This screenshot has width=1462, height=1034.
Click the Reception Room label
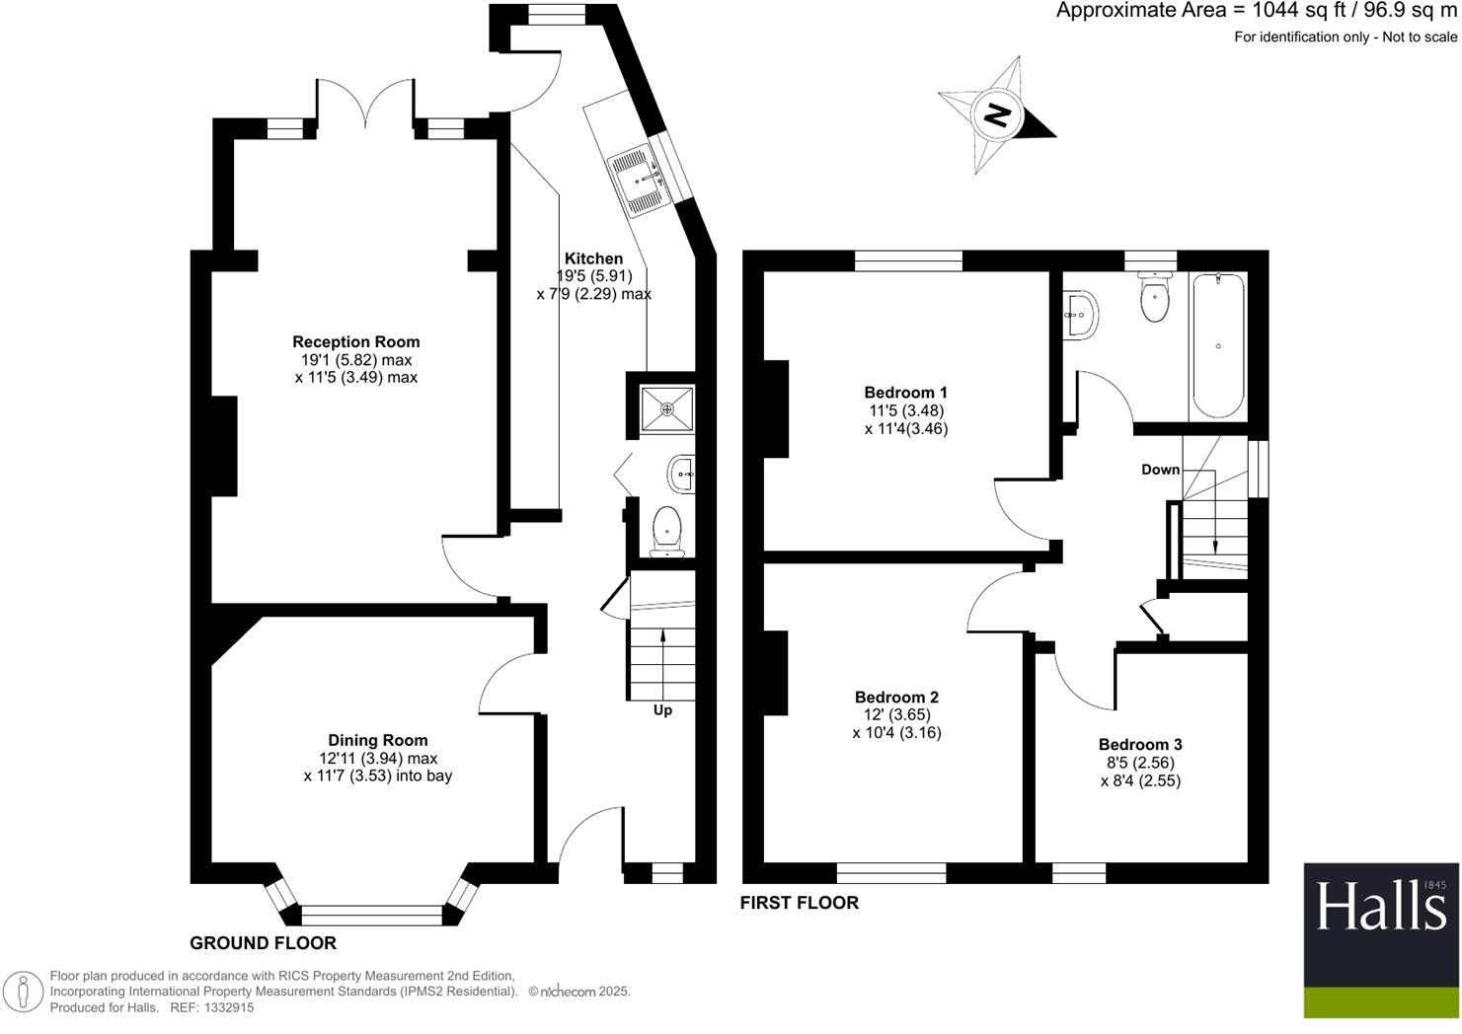[355, 342]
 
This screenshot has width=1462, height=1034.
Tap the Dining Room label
[378, 740]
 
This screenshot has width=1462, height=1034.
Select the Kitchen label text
[593, 258]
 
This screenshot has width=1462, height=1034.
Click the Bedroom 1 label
[905, 393]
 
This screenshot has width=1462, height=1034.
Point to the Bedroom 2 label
[896, 698]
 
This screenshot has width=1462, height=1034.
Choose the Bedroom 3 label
[1140, 745]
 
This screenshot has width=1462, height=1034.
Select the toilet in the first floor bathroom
[1154, 297]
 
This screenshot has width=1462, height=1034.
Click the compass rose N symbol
[998, 115]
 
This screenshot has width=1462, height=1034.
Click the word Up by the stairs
[662, 710]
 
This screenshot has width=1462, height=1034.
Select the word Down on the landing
[1161, 470]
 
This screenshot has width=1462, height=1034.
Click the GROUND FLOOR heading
[263, 943]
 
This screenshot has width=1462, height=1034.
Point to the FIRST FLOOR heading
[799, 902]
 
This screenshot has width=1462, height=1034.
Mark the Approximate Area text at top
[1256, 12]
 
